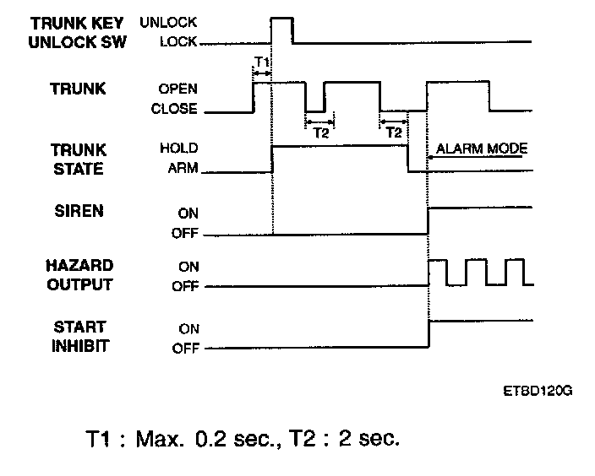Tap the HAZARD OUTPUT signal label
(x=78, y=275)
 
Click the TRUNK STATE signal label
(x=78, y=158)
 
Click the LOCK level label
(x=179, y=41)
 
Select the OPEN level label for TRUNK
(x=177, y=89)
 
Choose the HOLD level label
(x=178, y=149)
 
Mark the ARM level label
(x=183, y=169)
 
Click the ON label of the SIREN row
(x=188, y=214)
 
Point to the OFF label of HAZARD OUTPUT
(x=185, y=287)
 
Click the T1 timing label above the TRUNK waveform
(x=261, y=62)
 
